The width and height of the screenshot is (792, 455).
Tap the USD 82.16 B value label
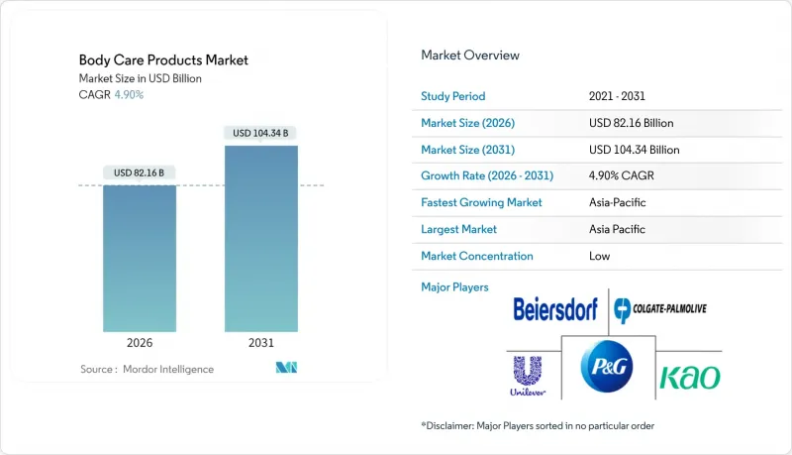tap(140, 172)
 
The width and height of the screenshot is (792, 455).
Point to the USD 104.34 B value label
tap(261, 133)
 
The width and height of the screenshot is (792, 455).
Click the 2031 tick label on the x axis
tap(261, 343)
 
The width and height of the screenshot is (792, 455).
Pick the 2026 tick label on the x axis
tap(140, 343)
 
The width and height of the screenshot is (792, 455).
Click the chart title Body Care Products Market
tap(163, 60)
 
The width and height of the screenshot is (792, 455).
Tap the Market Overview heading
tap(470, 56)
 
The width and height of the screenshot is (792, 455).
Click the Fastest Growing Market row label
tap(483, 202)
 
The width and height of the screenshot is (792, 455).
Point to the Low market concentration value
tap(599, 256)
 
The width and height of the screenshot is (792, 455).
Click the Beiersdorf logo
tap(555, 310)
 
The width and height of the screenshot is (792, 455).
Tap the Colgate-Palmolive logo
tap(658, 310)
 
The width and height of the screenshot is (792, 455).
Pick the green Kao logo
tap(690, 377)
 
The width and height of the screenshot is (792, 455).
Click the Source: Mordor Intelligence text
tap(147, 369)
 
